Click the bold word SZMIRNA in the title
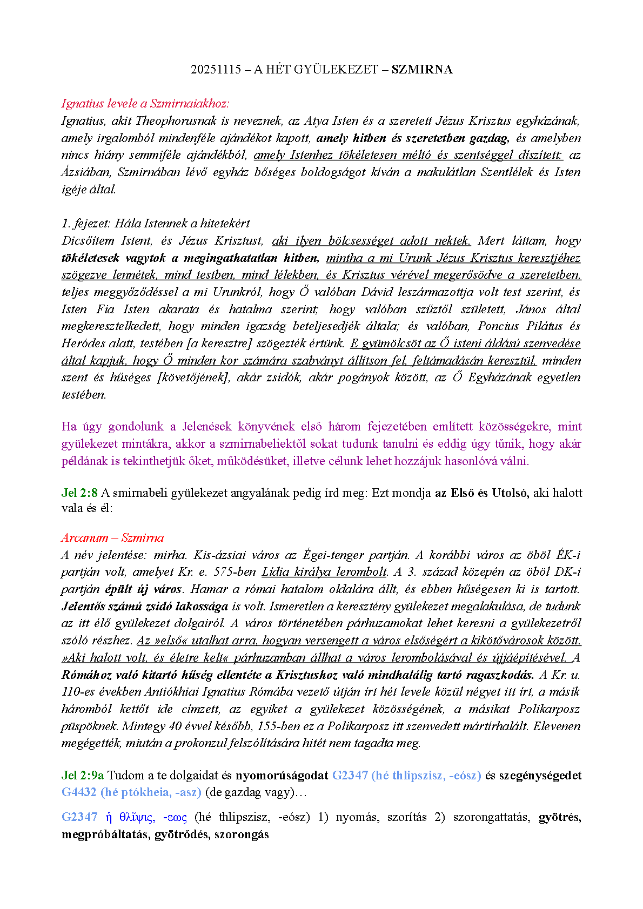coord(422,69)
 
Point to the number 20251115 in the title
coord(216,69)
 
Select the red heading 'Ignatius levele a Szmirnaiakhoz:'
coord(145,103)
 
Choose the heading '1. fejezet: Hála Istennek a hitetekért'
coord(156,223)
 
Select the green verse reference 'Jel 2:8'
coord(79,493)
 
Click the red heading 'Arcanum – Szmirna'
coord(112,537)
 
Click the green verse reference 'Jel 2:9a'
coord(83,775)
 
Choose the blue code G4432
coord(78,792)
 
